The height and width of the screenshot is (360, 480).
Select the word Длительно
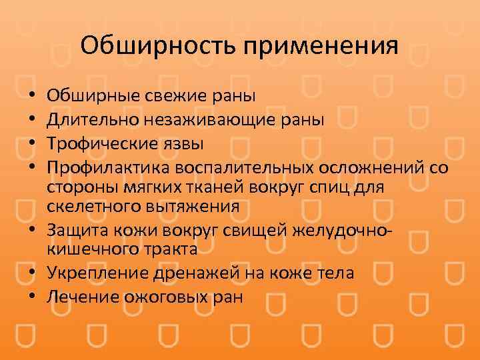click(x=90, y=120)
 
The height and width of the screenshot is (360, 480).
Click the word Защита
click(x=75, y=231)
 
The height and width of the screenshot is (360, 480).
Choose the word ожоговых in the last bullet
click(x=160, y=297)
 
